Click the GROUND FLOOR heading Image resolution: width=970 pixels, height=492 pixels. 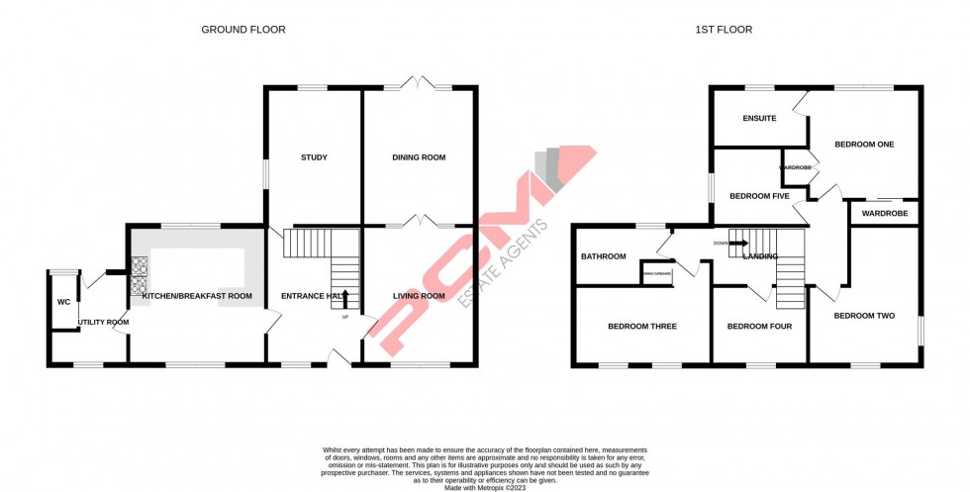click(x=243, y=30)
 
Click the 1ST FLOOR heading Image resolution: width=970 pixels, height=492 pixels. click(x=724, y=30)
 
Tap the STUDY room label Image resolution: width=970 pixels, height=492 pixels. click(x=314, y=157)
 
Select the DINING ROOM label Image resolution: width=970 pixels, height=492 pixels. click(x=419, y=157)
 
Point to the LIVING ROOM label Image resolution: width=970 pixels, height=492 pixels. click(x=419, y=296)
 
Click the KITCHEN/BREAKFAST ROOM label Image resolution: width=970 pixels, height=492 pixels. click(x=197, y=296)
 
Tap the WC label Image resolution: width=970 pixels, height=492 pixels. click(x=63, y=302)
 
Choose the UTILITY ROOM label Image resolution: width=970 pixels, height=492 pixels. click(x=104, y=322)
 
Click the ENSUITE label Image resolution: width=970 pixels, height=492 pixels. click(x=759, y=119)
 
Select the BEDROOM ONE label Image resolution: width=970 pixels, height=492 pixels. click(x=864, y=145)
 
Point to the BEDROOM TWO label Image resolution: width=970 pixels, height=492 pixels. click(x=864, y=316)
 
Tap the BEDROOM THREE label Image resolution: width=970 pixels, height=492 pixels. click(x=642, y=326)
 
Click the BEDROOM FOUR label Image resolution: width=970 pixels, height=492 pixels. click(x=759, y=326)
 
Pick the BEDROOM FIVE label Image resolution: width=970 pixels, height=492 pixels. click(x=759, y=196)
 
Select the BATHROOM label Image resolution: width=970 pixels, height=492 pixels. click(x=604, y=256)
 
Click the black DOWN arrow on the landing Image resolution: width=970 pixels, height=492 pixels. click(x=737, y=242)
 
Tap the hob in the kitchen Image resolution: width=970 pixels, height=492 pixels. click(x=140, y=276)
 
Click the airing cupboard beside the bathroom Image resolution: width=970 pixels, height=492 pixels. click(x=657, y=273)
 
